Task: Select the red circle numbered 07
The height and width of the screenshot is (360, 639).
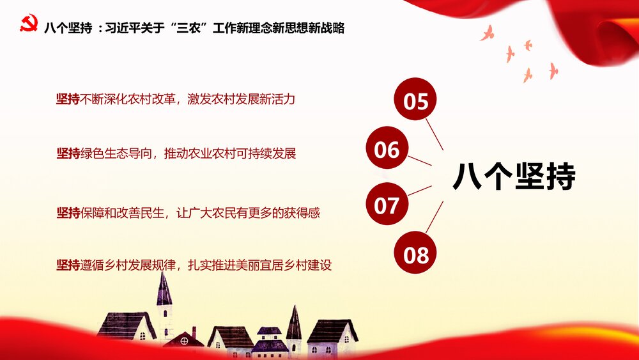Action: (387, 204)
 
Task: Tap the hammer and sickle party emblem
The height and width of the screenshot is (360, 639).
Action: (29, 26)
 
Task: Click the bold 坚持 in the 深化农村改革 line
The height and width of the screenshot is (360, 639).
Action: (68, 99)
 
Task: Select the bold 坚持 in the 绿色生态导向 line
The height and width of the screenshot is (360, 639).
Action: (68, 153)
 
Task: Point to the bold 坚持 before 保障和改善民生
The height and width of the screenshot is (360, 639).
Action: (68, 212)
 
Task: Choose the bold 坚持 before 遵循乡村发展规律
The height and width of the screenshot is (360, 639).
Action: (68, 264)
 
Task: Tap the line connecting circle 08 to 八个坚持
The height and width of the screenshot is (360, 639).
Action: (435, 217)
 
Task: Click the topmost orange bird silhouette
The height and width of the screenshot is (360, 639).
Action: (488, 32)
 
